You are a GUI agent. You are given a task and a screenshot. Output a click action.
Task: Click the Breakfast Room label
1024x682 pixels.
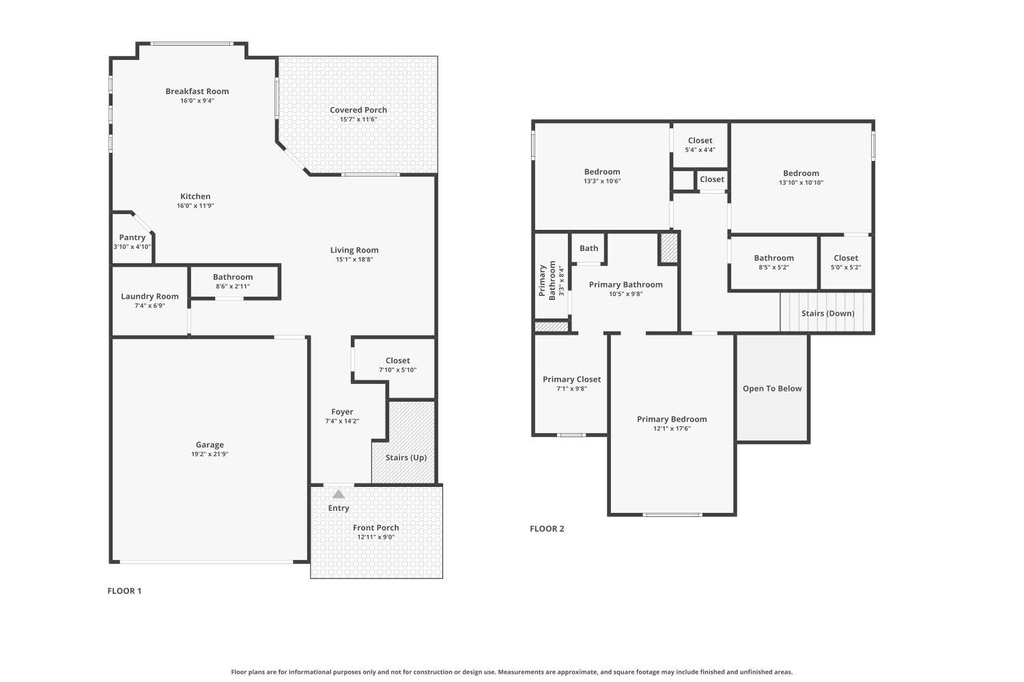[197, 91]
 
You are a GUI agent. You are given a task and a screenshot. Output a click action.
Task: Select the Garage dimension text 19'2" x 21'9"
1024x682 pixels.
[210, 454]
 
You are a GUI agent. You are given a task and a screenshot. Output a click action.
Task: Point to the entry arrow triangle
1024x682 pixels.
[339, 494]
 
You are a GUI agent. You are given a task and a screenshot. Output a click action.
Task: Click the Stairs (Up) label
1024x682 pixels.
[406, 458]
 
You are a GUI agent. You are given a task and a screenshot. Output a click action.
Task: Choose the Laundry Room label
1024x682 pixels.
[150, 297]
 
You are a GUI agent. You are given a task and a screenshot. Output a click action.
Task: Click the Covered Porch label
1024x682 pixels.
[358, 110]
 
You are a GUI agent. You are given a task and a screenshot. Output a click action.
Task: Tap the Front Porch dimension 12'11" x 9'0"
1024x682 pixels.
[376, 537]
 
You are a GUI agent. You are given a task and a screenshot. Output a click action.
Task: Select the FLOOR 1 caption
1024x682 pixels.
[124, 591]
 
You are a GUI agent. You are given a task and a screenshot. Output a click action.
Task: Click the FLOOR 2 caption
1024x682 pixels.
[547, 529]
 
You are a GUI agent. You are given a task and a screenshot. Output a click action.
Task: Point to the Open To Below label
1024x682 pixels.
[772, 389]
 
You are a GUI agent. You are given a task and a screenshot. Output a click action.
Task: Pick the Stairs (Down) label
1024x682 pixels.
[827, 314]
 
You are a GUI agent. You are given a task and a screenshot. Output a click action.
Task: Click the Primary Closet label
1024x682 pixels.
[571, 380]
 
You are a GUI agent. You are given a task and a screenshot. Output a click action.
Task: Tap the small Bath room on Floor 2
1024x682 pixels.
[588, 248]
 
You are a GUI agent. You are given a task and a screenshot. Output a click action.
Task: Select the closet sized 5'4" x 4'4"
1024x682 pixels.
[700, 145]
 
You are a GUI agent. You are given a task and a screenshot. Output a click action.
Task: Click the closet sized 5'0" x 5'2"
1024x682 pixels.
[845, 262]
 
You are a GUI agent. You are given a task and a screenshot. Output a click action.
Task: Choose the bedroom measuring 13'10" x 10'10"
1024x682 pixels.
[801, 177]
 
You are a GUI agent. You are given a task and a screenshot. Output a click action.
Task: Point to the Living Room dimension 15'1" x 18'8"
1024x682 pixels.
[354, 260]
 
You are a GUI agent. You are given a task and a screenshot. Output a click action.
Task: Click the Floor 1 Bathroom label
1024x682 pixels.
[233, 277]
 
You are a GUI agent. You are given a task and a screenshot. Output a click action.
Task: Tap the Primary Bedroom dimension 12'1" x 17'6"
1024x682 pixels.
[672, 429]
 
